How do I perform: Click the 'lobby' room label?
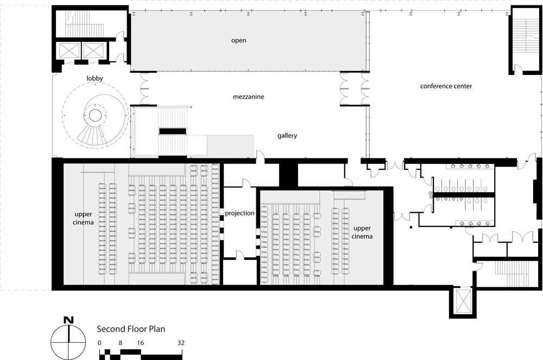(94, 79)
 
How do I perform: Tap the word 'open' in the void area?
(238, 41)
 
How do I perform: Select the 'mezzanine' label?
(248, 97)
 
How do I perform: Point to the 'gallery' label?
(287, 136)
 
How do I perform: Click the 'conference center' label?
(446, 86)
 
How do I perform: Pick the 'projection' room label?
(239, 213)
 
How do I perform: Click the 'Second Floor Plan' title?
(131, 329)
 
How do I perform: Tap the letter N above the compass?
(68, 320)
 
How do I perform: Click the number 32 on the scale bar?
(181, 343)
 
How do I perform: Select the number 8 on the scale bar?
(120, 343)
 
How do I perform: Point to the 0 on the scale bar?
(100, 343)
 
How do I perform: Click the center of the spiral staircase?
(95, 115)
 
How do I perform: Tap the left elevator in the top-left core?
(70, 51)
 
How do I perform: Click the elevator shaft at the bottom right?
(462, 301)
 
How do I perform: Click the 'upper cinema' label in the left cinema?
(83, 218)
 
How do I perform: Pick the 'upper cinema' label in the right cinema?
(362, 232)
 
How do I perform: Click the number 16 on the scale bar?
(140, 343)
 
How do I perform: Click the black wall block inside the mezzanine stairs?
(173, 131)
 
